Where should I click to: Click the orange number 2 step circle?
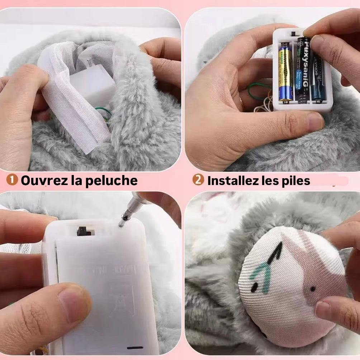pyautogui.click(x=198, y=180)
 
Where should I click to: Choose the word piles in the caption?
pyautogui.click(x=295, y=180)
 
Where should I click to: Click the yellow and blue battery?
pyautogui.click(x=286, y=72)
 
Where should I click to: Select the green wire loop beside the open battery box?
pyautogui.click(x=257, y=91)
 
